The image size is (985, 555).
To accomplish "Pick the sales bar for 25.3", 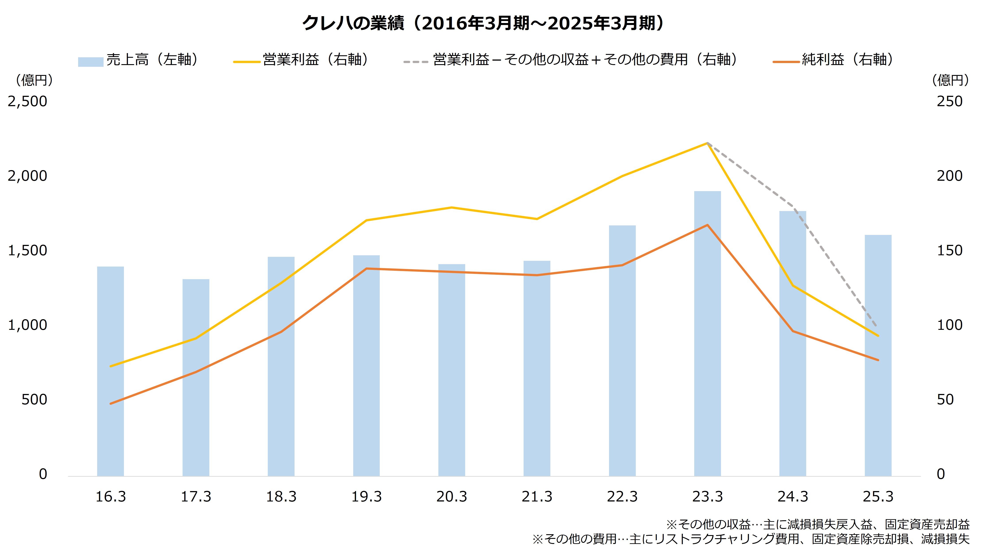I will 878,355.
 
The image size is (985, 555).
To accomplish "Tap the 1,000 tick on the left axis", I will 27,325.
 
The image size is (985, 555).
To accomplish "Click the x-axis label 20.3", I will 452,497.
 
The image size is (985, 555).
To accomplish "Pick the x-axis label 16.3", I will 110,497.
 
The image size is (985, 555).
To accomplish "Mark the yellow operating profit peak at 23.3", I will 707,143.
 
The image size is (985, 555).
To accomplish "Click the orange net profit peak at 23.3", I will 707,225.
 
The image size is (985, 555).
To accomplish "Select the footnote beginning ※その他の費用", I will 751,539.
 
